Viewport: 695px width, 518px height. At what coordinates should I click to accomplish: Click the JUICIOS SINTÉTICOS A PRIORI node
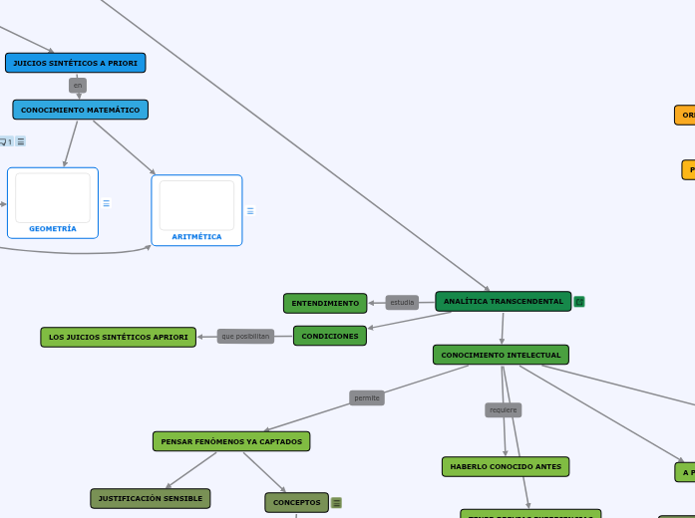click(75, 63)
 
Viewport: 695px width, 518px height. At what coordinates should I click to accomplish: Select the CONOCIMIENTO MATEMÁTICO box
click(80, 110)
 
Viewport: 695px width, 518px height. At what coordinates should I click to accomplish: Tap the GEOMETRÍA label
click(53, 228)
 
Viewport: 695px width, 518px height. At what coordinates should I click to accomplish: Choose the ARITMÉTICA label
click(196, 236)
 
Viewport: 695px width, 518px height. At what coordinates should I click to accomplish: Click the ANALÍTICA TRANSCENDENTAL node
click(503, 301)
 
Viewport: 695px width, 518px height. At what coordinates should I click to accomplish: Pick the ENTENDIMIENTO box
click(325, 303)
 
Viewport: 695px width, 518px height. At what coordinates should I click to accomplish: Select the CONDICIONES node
click(329, 336)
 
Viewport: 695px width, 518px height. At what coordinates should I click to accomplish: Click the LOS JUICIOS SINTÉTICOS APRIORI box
click(118, 337)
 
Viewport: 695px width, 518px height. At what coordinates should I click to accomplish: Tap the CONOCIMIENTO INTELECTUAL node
click(501, 355)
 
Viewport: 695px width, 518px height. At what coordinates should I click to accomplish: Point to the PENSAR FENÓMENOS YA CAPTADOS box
click(231, 441)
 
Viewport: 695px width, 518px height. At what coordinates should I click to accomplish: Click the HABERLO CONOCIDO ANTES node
click(506, 466)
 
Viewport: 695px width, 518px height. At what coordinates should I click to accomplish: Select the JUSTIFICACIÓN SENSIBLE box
click(151, 498)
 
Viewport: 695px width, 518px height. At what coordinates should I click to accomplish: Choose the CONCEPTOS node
click(296, 502)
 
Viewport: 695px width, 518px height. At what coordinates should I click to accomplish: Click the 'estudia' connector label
click(402, 302)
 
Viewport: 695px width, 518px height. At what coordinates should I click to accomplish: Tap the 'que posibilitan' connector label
click(245, 336)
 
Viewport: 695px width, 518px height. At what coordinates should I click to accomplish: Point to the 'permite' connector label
click(367, 397)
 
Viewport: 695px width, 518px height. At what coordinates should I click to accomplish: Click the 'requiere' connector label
click(504, 409)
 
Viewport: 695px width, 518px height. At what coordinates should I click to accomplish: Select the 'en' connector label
click(78, 86)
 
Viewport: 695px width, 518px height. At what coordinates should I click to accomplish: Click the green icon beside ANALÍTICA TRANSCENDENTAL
click(579, 301)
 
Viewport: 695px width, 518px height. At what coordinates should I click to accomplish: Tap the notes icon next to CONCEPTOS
click(336, 503)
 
